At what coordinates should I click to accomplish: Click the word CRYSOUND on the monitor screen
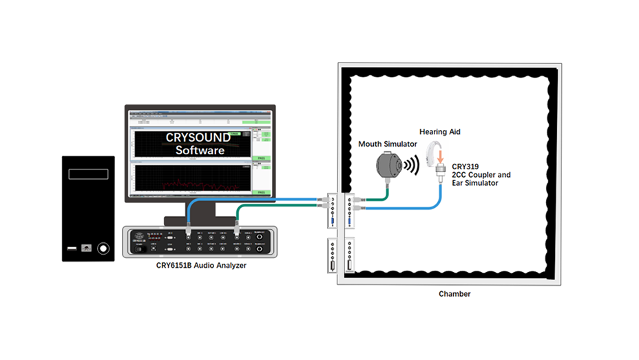point(198,137)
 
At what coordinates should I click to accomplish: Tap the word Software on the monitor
point(199,150)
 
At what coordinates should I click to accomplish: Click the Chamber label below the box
point(454,294)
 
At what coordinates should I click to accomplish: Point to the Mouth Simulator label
point(388,144)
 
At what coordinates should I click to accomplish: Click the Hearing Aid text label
point(439,131)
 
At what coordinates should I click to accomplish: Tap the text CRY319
point(465,167)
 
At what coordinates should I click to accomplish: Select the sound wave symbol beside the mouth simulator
point(410,166)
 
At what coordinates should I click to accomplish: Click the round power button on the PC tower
point(103,248)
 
